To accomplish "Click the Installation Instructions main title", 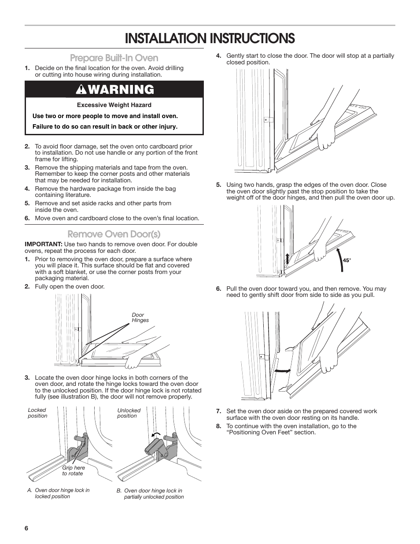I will click(210, 38).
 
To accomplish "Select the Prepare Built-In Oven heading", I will click(114, 58).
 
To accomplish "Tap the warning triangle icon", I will click(81, 89).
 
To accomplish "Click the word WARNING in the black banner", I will click(120, 89).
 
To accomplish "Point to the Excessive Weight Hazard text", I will click(114, 105).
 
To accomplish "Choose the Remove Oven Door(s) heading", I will click(114, 233).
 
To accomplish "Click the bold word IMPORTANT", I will click(44, 244).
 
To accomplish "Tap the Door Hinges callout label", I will click(140, 318).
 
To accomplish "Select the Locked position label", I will click(37, 413).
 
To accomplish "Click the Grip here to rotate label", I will click(73, 470).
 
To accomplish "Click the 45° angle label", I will click(347, 260).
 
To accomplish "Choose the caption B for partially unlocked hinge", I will click(150, 493).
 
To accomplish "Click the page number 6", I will click(26, 529).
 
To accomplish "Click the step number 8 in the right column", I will click(218, 426).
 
